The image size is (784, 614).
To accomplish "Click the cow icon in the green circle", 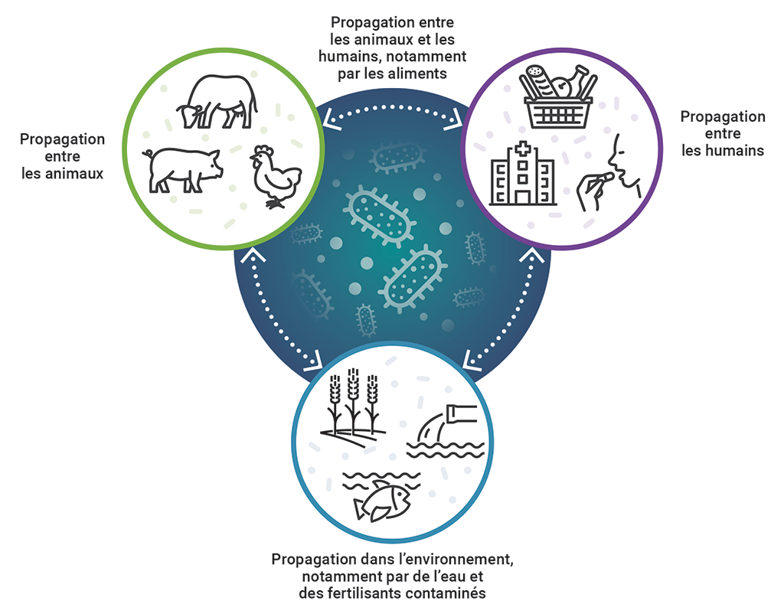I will pyautogui.click(x=215, y=102).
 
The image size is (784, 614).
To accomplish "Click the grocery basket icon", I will pyautogui.click(x=560, y=95).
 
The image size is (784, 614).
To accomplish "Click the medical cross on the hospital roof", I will pyautogui.click(x=523, y=149).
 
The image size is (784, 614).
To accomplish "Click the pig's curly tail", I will pyautogui.click(x=145, y=153).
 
